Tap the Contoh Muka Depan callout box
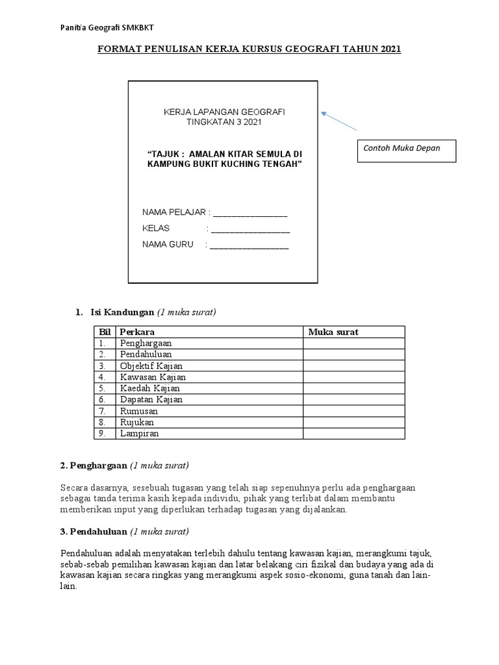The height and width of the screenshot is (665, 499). click(407, 150)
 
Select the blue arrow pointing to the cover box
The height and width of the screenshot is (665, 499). click(339, 123)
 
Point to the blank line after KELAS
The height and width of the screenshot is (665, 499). click(249, 229)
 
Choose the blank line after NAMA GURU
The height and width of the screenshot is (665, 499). click(249, 245)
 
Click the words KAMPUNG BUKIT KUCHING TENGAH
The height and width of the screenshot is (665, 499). click(225, 164)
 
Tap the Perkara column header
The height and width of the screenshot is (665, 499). click(137, 332)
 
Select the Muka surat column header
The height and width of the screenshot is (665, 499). click(333, 332)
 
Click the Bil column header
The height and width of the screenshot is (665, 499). click(105, 332)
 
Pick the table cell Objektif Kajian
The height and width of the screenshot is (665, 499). click(149, 366)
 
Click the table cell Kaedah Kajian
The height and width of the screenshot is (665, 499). click(148, 388)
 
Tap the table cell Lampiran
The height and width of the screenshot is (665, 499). click(139, 433)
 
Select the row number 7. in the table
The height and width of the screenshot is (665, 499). click(102, 411)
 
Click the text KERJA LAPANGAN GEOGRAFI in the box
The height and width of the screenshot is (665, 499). click(224, 112)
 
